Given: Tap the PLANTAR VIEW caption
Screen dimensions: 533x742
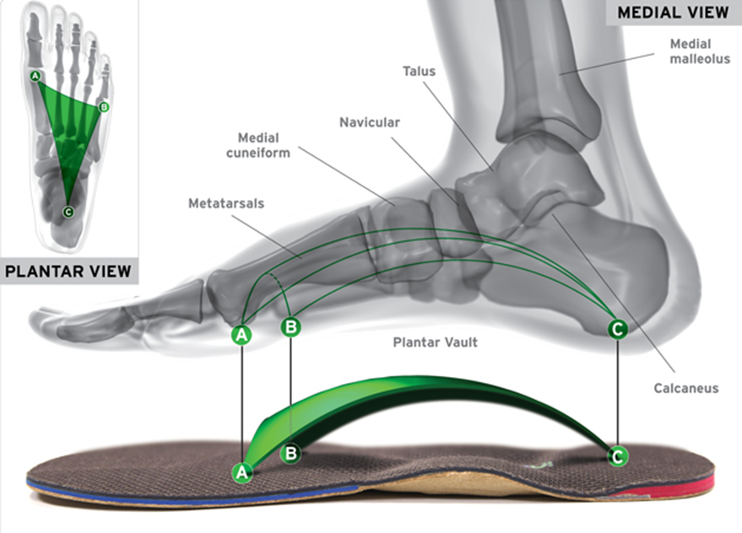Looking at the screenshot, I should [68, 271].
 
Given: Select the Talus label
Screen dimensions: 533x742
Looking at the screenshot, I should [419, 72].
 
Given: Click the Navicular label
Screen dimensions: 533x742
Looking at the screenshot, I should [370, 122].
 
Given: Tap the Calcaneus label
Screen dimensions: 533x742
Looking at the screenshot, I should [685, 389].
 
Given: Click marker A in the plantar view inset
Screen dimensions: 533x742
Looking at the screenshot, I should [35, 77].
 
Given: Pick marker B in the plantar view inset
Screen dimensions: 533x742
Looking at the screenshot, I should [103, 107].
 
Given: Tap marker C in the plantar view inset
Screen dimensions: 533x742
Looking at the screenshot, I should [68, 213].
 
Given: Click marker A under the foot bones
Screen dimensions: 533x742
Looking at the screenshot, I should [242, 335].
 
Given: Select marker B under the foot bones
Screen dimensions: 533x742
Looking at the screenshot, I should [290, 326].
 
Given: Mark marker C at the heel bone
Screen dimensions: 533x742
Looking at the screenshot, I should [618, 329].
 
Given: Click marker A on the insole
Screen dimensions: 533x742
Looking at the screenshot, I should [242, 472].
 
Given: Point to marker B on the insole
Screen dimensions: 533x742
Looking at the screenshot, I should [290, 453].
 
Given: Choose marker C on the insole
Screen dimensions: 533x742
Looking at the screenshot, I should [618, 456].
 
